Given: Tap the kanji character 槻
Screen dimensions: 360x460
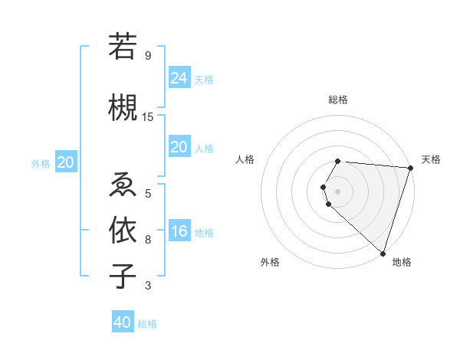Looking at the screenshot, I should point(123,106).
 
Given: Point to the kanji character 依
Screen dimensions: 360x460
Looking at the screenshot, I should point(123,229).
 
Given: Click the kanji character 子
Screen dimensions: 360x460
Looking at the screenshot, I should point(123,275).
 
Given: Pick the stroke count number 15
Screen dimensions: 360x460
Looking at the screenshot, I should point(148,116).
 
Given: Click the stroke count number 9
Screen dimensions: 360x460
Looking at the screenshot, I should point(147,56).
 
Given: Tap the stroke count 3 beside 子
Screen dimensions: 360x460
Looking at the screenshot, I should point(147,286).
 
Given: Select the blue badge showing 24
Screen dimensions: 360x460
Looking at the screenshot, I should point(179,77).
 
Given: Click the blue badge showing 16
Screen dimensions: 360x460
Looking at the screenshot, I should point(179,231).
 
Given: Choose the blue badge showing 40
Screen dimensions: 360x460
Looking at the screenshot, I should point(122,322).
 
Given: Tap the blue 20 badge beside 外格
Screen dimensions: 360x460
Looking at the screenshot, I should point(65,162).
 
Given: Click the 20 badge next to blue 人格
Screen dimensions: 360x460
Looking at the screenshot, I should point(179,147).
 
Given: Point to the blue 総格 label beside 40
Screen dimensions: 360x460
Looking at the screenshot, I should point(147,324).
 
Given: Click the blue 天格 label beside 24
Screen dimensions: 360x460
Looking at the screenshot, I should point(204,79).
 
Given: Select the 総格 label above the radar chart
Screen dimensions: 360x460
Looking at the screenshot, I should point(338,100).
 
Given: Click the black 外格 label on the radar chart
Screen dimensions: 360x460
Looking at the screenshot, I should point(270,262).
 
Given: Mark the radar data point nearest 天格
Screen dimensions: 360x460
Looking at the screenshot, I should point(410,168).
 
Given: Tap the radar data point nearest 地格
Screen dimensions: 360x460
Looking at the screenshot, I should point(383,254).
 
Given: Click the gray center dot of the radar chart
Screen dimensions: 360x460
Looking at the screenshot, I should point(338,191).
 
